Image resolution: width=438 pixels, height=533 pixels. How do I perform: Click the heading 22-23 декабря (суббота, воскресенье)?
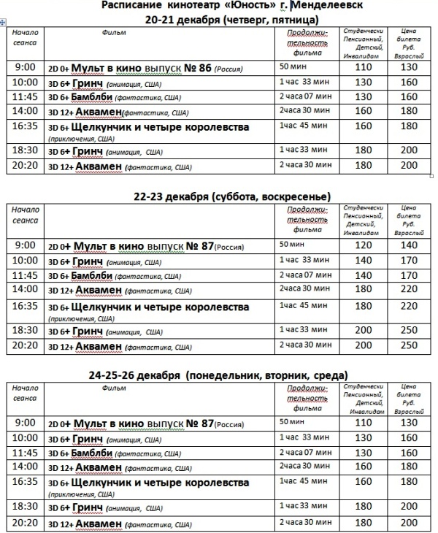click(x=226, y=197)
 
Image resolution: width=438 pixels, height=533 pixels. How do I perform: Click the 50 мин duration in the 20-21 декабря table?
click(x=291, y=67)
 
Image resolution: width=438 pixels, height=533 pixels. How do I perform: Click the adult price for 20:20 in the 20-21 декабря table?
click(x=408, y=166)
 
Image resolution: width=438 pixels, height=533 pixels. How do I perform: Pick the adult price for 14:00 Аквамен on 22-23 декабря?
click(x=408, y=289)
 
